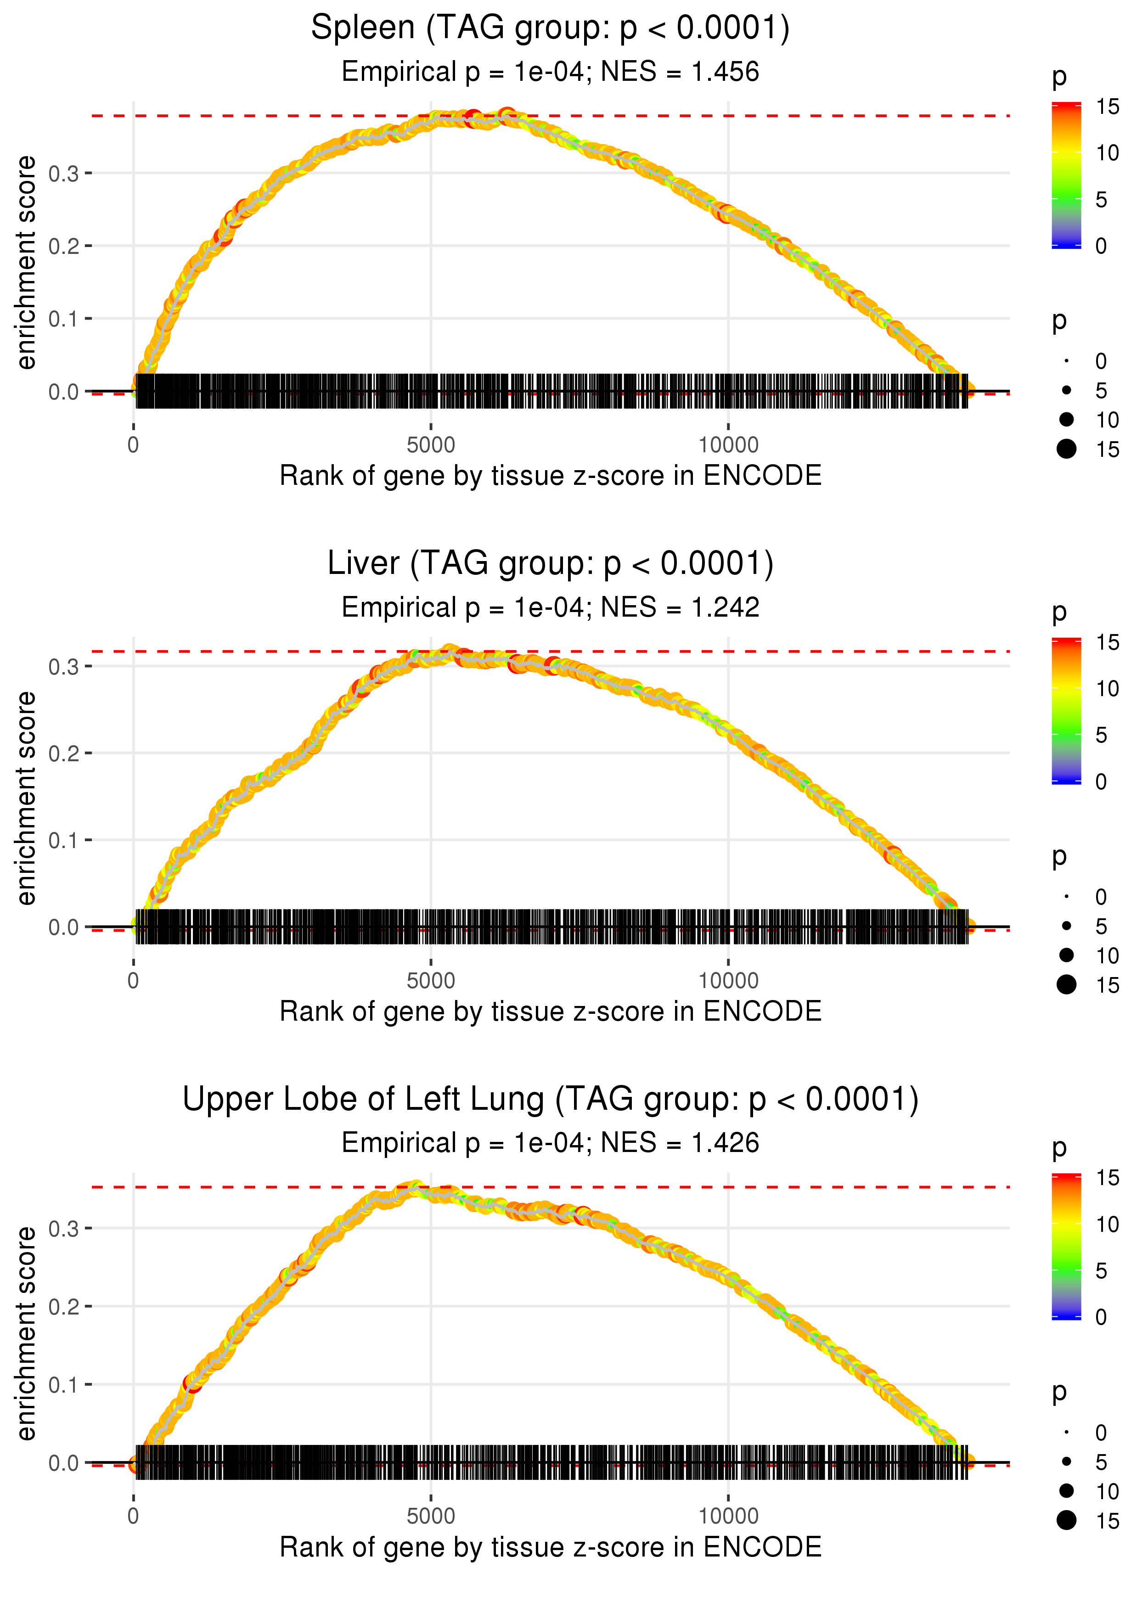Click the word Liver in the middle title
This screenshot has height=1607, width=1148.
pyautogui.click(x=363, y=564)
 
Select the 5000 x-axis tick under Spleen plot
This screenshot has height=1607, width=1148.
pyautogui.click(x=431, y=445)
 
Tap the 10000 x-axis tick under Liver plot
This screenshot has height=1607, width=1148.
pyautogui.click(x=728, y=981)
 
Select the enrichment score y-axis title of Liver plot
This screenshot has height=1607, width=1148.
pyautogui.click(x=26, y=798)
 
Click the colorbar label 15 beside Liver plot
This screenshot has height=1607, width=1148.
pyautogui.click(x=1107, y=642)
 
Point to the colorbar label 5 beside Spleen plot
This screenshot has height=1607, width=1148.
pyautogui.click(x=1101, y=200)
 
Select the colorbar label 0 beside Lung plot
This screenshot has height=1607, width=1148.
pyautogui.click(x=1101, y=1317)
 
